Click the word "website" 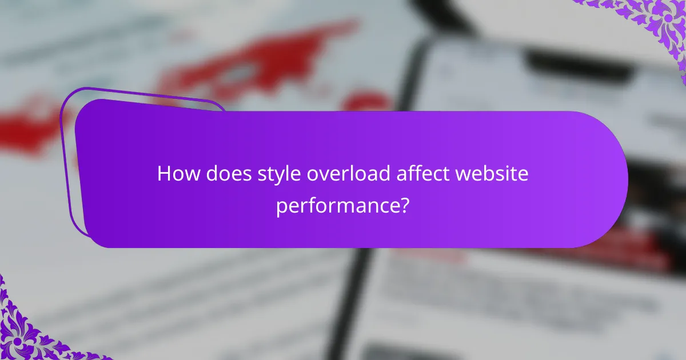493,174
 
